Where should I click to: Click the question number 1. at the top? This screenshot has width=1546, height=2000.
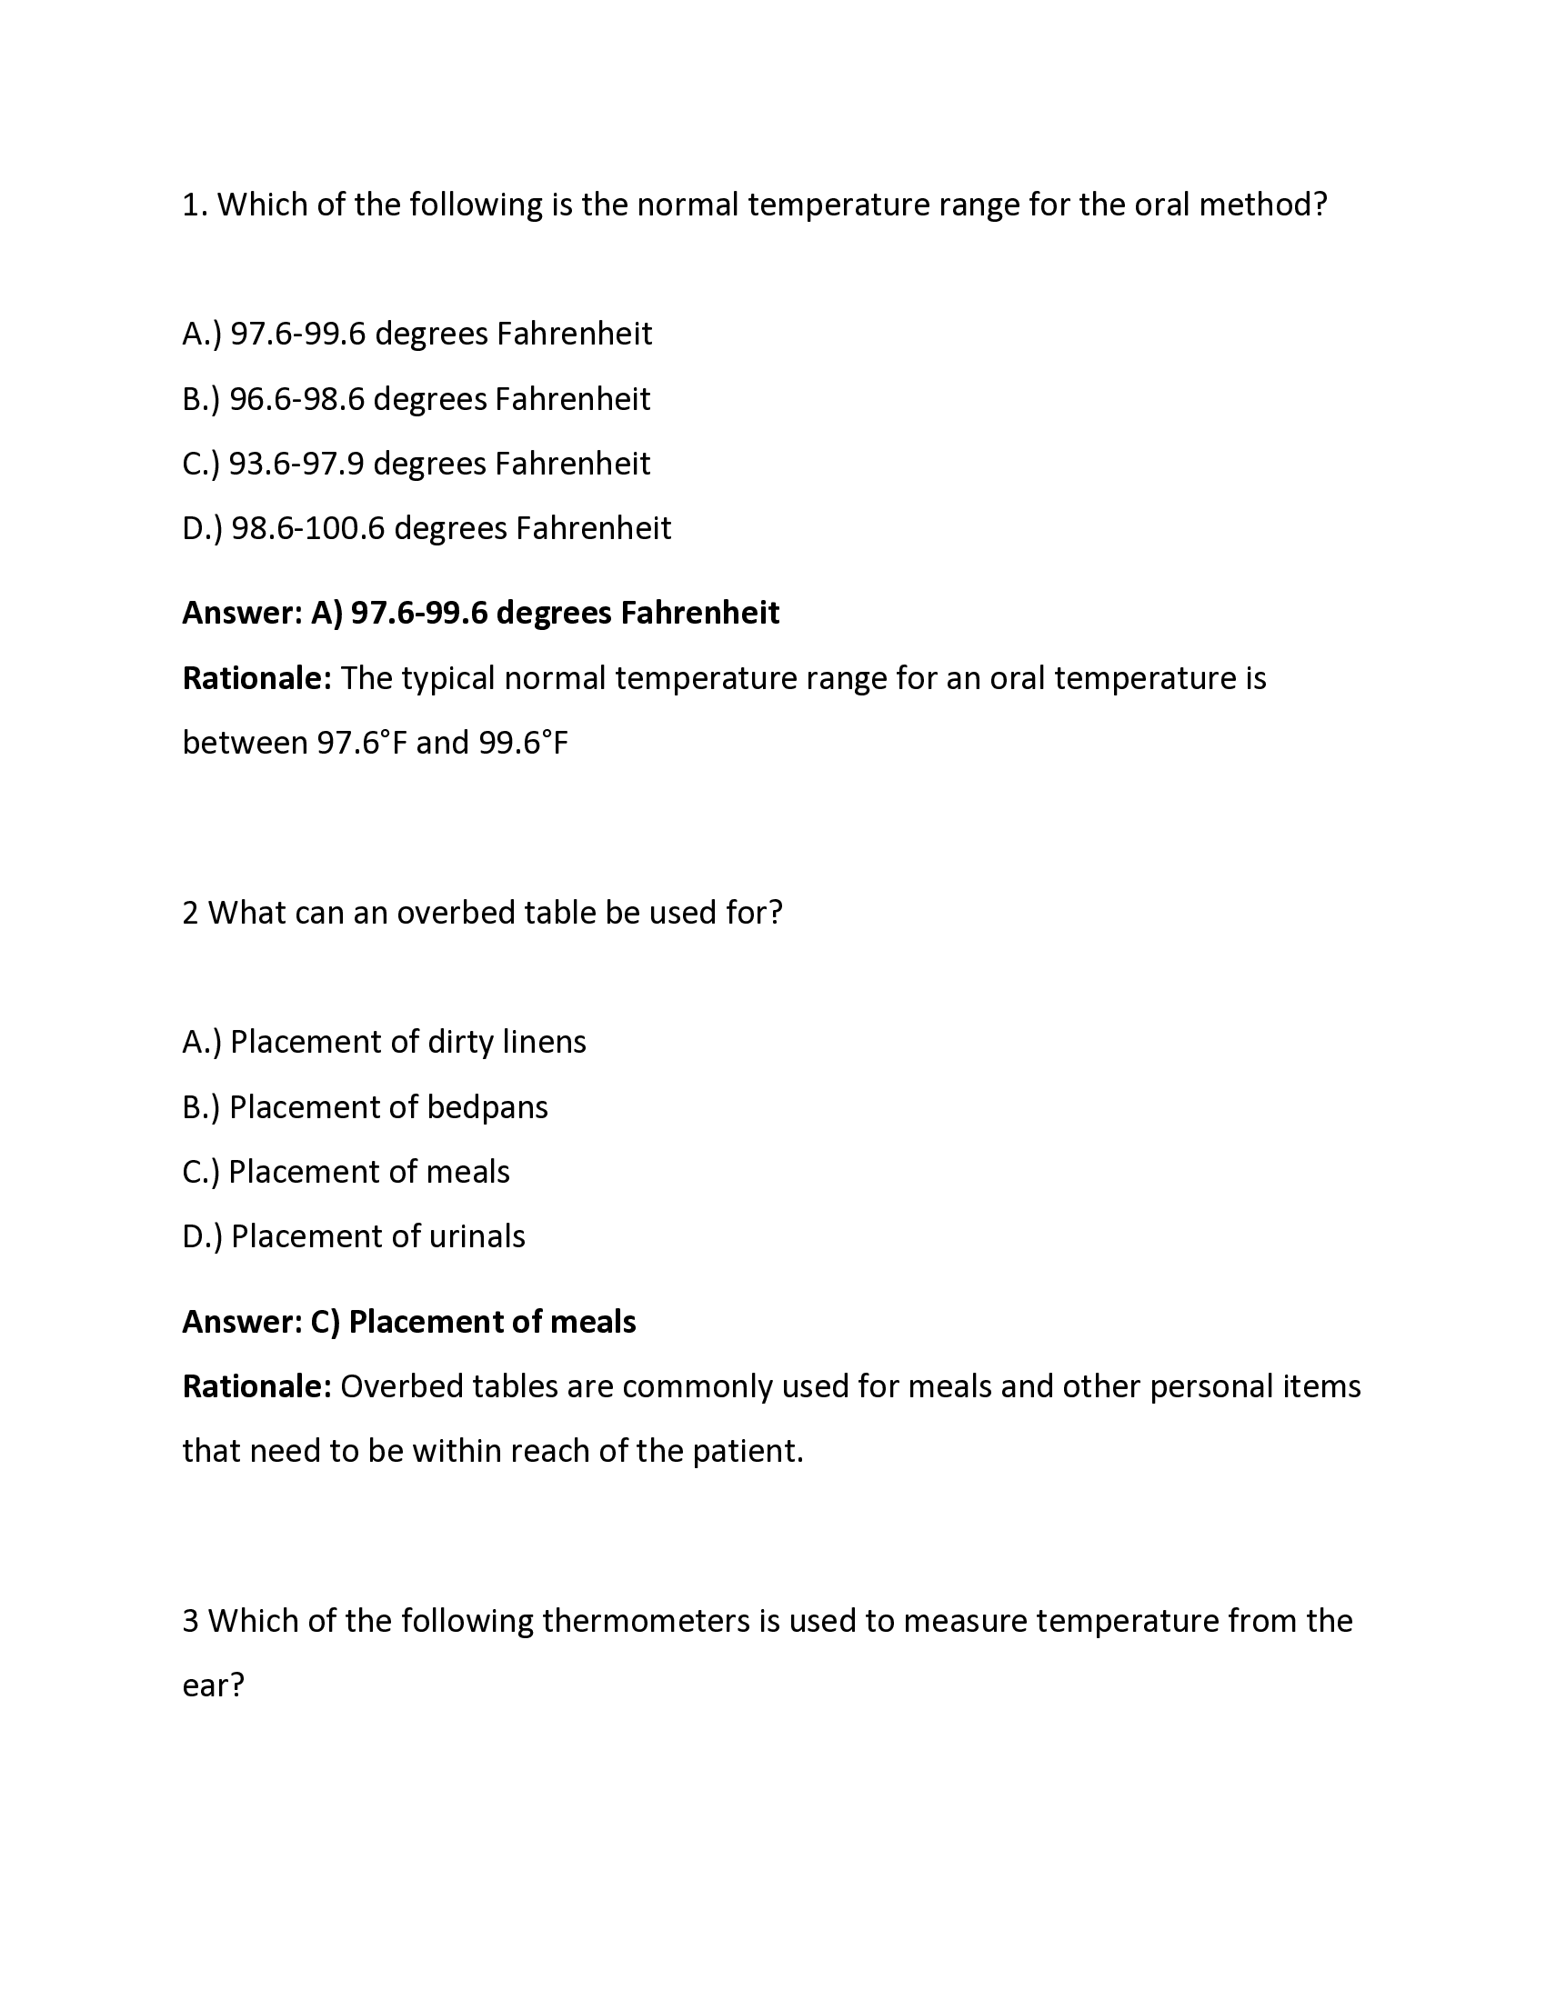point(196,205)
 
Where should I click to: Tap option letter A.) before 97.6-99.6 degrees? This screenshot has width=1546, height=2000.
point(202,334)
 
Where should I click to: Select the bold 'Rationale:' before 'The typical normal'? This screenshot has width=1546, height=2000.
point(256,678)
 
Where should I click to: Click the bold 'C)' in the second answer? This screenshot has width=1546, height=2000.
point(326,1322)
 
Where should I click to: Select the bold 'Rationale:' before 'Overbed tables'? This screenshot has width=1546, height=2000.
point(256,1386)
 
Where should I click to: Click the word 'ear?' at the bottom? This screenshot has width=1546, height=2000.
point(214,1685)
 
